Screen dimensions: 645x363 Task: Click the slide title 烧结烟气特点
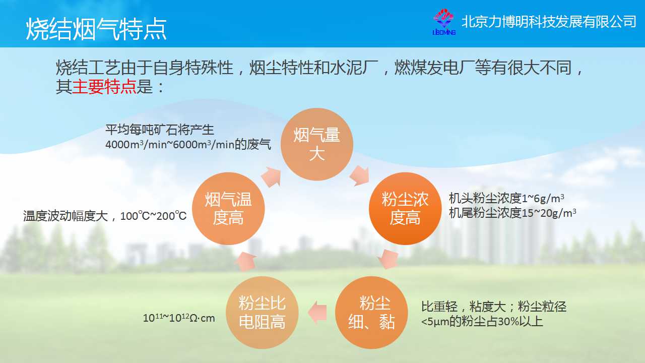click(x=96, y=29)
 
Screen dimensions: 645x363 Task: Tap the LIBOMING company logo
click(x=444, y=22)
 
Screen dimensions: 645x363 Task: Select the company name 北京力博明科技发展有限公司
click(x=549, y=22)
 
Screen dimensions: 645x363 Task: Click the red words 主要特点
click(x=104, y=86)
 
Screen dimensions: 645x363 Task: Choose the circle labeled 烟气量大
click(x=317, y=144)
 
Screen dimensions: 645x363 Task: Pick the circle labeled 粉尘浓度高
click(x=405, y=209)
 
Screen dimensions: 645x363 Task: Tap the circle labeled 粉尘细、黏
click(x=371, y=312)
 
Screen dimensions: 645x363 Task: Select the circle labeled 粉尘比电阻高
click(x=262, y=312)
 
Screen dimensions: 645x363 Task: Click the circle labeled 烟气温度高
click(x=228, y=209)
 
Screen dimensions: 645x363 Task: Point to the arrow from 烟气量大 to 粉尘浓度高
click(x=360, y=175)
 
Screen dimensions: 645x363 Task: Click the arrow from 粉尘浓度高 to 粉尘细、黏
click(x=389, y=259)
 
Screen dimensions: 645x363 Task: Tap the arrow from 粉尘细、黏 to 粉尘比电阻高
click(x=317, y=312)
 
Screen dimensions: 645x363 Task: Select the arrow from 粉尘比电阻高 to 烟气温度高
click(x=245, y=261)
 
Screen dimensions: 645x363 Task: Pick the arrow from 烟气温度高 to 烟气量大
click(x=271, y=176)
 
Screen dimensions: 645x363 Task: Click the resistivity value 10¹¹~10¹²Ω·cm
click(x=179, y=318)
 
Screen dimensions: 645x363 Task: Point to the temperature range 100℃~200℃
click(x=153, y=215)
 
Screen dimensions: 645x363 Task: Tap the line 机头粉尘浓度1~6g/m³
click(x=506, y=198)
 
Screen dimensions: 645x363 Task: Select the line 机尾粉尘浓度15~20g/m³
click(x=512, y=213)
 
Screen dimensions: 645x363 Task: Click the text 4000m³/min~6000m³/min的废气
click(x=188, y=144)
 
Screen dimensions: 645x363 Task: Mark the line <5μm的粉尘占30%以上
click(x=482, y=321)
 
